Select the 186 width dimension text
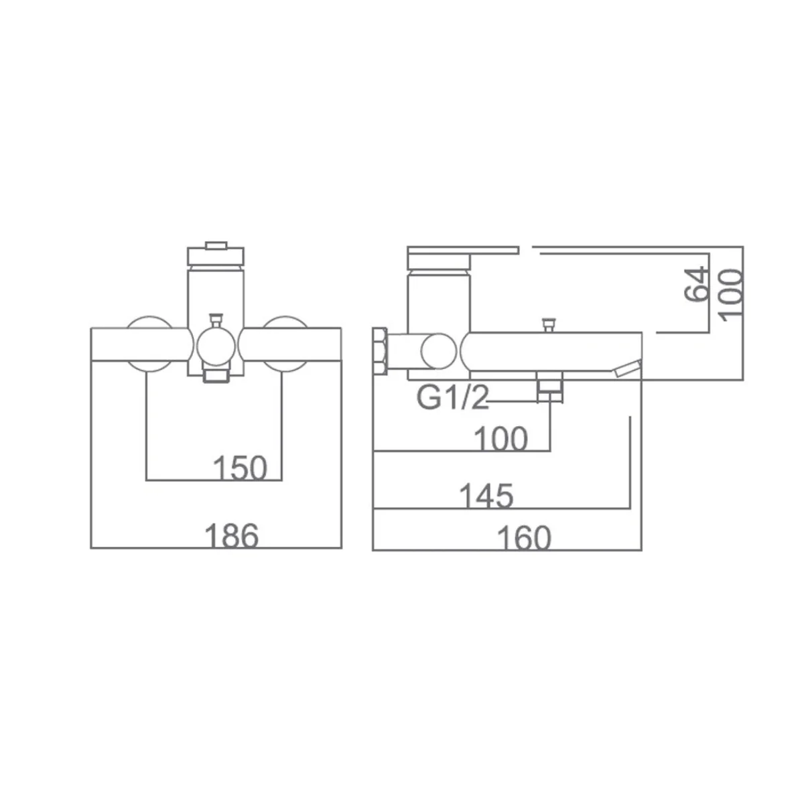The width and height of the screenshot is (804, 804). pos(232,536)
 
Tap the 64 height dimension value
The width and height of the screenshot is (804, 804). pos(697,285)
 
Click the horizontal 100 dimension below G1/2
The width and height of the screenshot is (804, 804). pos(501,438)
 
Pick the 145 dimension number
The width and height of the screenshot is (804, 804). pos(486,496)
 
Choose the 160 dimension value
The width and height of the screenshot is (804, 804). pos(525,538)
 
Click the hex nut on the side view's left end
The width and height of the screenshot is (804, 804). pos(381,351)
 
